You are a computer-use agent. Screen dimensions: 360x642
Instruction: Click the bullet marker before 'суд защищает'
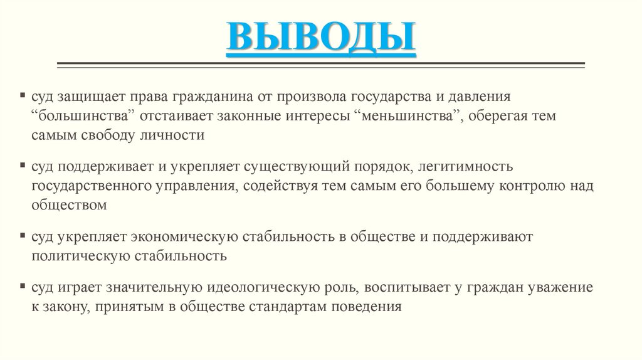pyautogui.click(x=22, y=98)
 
